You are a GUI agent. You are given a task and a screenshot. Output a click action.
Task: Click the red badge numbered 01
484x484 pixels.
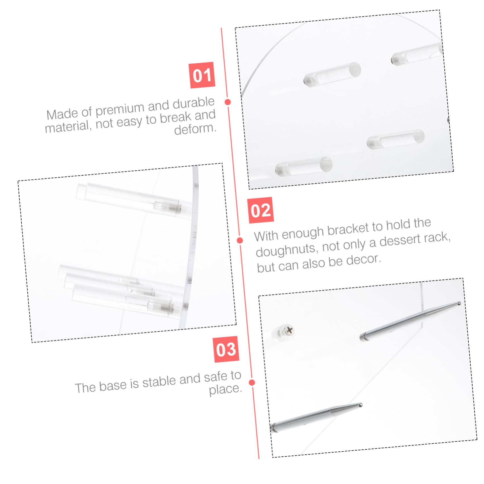click(x=202, y=75)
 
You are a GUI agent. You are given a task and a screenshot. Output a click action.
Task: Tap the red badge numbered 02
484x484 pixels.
click(x=260, y=210)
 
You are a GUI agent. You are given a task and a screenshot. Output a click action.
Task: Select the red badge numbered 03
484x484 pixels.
click(x=226, y=349)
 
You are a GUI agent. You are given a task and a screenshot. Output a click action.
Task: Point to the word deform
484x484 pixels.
click(x=195, y=128)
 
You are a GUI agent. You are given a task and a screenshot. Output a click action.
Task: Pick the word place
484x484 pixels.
click(x=225, y=389)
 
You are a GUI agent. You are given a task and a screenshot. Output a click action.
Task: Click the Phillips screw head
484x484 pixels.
click(x=289, y=330)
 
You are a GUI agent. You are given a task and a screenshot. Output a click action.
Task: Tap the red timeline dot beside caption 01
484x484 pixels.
click(x=228, y=102)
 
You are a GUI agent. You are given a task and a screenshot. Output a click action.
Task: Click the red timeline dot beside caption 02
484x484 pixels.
click(x=240, y=240)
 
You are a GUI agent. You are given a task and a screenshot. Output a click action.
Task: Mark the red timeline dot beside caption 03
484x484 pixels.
click(x=252, y=382)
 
